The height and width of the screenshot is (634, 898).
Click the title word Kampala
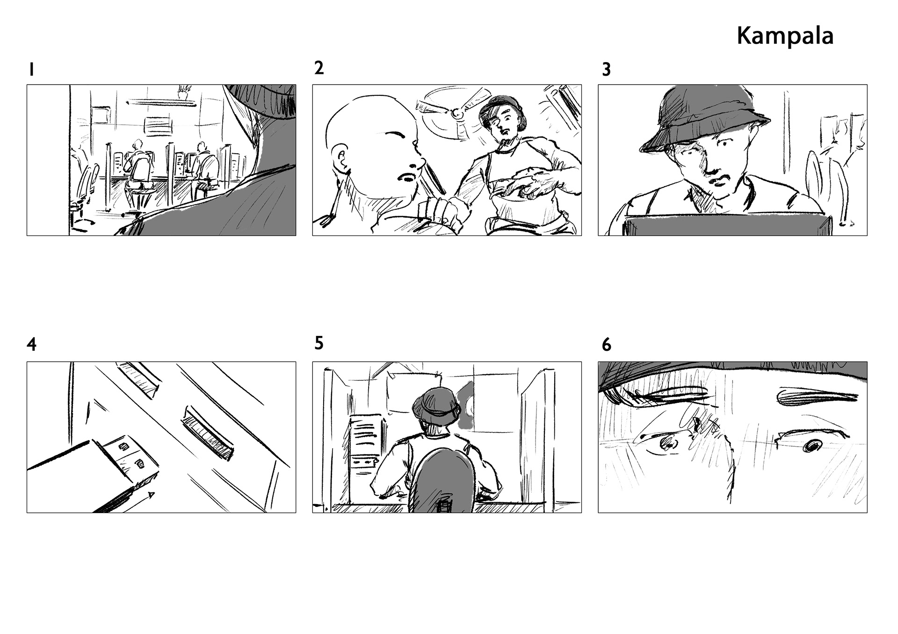(x=785, y=36)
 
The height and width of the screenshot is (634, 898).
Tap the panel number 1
(x=31, y=70)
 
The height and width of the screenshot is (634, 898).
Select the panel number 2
(x=319, y=68)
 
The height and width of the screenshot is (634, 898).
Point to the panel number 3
(x=606, y=70)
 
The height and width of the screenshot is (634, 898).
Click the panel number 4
(x=31, y=344)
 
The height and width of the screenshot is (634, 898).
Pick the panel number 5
(x=319, y=343)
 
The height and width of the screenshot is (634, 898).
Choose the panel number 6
(x=606, y=345)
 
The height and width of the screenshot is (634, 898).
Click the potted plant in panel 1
(x=183, y=92)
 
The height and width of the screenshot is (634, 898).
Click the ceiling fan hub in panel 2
(x=455, y=113)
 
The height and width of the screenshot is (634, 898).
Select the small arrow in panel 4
(x=138, y=502)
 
